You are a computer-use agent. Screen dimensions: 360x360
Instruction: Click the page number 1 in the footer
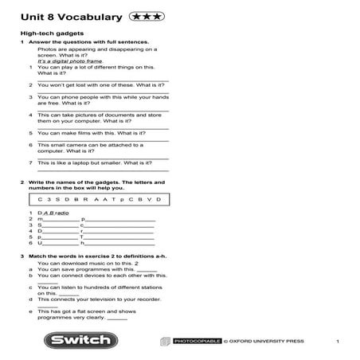click(x=338, y=341)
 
